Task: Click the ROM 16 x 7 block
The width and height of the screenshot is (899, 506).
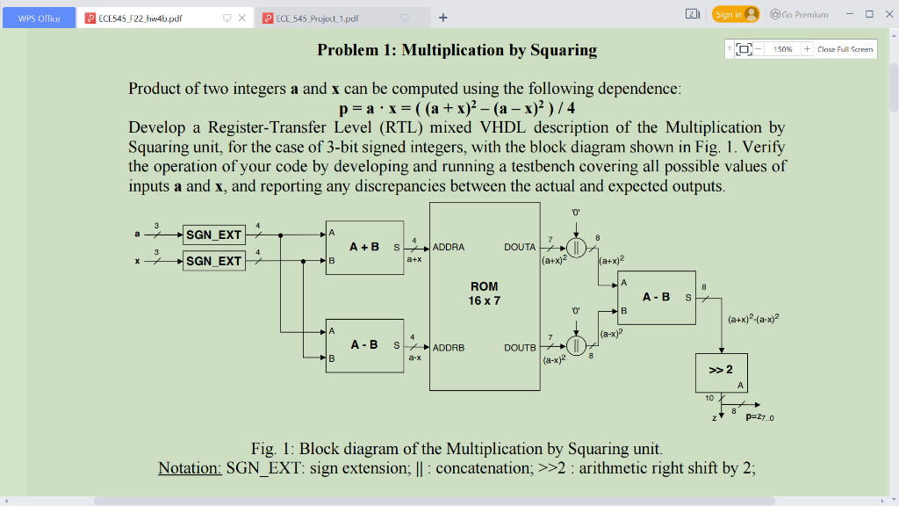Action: point(484,295)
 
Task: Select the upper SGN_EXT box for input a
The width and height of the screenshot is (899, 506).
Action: point(213,235)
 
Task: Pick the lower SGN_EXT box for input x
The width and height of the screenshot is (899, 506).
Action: point(213,261)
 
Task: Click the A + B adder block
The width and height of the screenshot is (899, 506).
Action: point(364,248)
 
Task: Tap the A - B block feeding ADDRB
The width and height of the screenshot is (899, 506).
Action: point(364,344)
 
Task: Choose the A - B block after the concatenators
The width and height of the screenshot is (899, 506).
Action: point(656,298)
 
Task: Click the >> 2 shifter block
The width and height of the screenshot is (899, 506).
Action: point(721,372)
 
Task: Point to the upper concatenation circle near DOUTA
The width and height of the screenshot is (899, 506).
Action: point(576,247)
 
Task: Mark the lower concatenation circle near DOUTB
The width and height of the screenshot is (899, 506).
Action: point(576,344)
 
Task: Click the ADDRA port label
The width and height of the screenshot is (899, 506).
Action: point(449,248)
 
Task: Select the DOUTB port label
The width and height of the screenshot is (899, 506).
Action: point(520,348)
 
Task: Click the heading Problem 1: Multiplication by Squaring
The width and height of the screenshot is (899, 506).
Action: point(457,50)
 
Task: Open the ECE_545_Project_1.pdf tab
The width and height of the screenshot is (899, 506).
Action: point(317,18)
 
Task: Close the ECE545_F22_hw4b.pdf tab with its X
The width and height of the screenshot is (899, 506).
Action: point(242,18)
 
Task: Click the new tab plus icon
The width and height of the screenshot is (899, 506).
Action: point(443,17)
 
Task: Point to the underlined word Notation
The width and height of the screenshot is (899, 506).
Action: point(190,468)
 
